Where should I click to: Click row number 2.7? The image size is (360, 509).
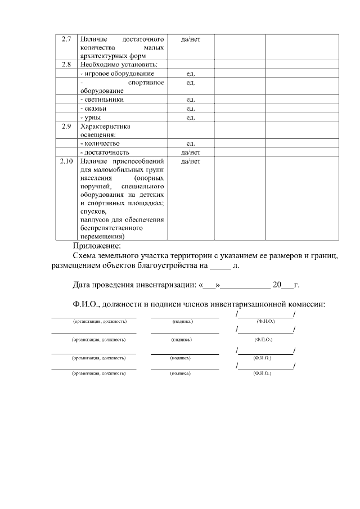(x=66, y=39)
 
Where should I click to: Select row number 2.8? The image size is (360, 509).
(x=66, y=65)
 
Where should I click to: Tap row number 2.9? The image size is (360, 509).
(x=66, y=126)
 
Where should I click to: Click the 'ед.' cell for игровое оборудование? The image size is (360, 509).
(x=190, y=74)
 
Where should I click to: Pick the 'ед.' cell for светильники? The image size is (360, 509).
(x=190, y=100)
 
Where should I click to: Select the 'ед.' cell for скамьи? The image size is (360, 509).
(x=190, y=109)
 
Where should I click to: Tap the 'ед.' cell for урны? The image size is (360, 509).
(x=190, y=117)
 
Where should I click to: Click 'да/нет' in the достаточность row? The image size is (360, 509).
(x=190, y=152)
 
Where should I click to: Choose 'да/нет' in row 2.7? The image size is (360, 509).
(x=190, y=39)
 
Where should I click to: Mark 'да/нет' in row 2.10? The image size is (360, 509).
(x=190, y=162)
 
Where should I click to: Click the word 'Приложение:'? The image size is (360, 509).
(x=96, y=246)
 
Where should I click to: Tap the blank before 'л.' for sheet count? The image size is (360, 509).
(x=220, y=265)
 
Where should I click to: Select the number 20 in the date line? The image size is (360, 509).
(x=277, y=285)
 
